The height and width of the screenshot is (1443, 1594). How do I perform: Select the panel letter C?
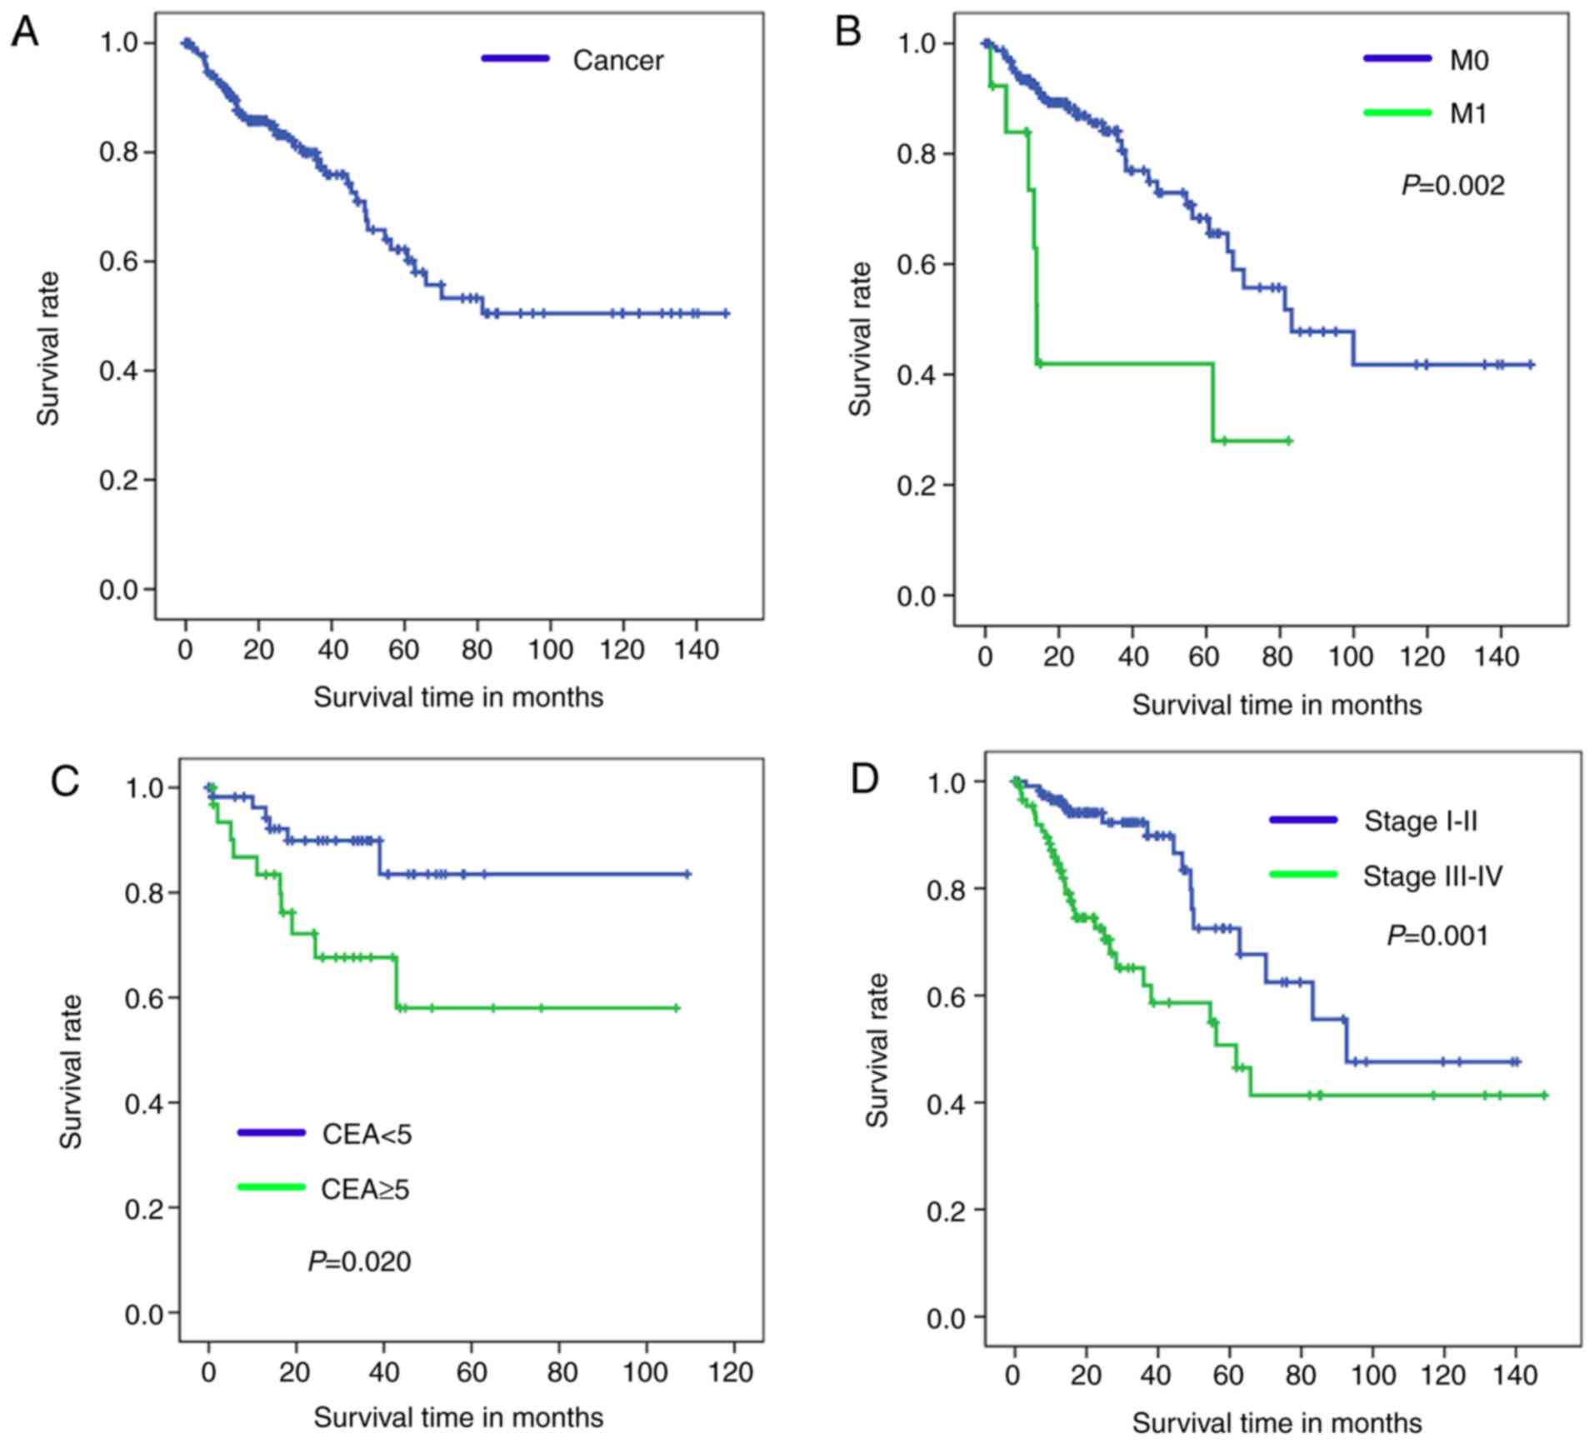[66, 781]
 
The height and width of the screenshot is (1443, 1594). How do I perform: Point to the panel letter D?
[864, 778]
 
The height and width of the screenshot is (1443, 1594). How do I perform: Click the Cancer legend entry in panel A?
[617, 60]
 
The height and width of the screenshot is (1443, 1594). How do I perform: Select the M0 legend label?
[1469, 60]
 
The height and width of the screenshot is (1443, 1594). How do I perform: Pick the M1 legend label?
[1468, 113]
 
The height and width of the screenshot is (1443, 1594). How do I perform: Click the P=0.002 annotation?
[1453, 185]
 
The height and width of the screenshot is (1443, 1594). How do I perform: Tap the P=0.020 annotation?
[359, 1261]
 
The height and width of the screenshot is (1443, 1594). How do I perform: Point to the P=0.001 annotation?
[1437, 936]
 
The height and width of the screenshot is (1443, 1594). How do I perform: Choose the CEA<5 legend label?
[367, 1134]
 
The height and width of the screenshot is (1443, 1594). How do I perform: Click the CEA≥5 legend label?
[366, 1189]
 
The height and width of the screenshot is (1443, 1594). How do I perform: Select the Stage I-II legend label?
[1421, 821]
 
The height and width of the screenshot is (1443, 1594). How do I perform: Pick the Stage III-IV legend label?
[1432, 876]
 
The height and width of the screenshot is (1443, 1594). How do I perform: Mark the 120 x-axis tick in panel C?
[731, 1372]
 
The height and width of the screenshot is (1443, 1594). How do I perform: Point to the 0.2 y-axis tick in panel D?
[946, 1211]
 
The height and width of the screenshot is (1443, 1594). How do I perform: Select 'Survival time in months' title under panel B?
[1277, 705]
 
